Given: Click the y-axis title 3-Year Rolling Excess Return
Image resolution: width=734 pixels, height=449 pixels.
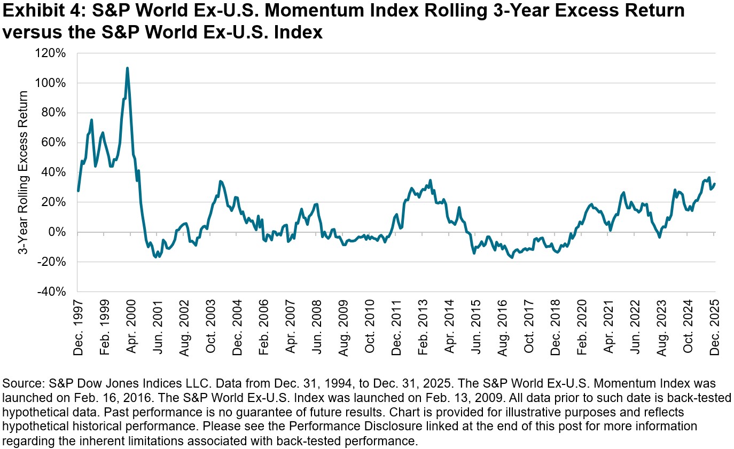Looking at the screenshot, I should (24, 172).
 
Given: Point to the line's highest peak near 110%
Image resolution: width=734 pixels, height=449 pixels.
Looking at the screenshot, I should (127, 68).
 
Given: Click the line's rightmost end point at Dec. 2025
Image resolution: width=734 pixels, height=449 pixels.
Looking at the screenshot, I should (715, 184).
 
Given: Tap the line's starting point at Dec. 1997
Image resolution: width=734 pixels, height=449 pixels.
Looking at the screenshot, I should (78, 191).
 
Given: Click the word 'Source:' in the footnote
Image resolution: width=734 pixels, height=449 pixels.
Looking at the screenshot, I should (21, 384).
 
